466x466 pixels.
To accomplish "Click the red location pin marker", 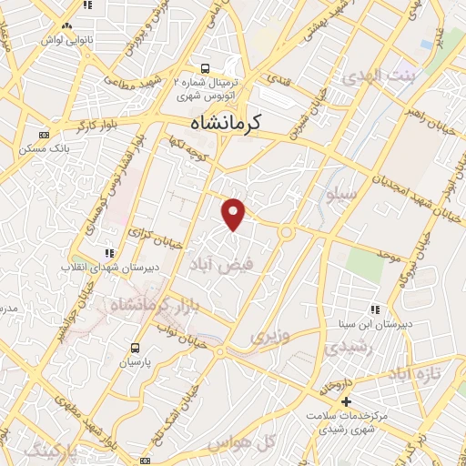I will pyautogui.click(x=235, y=214).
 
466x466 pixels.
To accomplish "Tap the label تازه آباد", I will pyautogui.click(x=420, y=374).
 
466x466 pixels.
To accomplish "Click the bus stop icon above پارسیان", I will pyautogui.click(x=136, y=347).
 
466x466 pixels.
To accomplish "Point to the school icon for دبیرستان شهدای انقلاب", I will pyautogui.click(x=110, y=253).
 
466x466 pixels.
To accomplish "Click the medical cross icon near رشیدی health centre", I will pyautogui.click(x=346, y=401).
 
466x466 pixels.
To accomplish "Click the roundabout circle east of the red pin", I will pyautogui.click(x=286, y=231).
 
